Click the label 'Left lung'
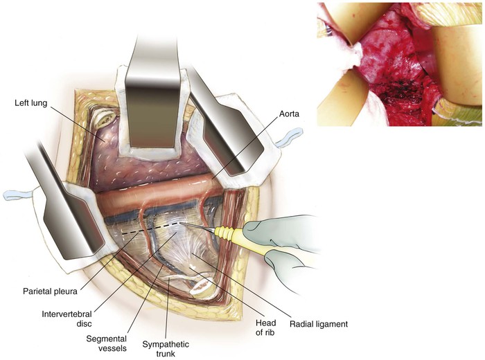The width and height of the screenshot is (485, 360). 31,102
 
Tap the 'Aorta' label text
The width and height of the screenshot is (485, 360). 289,114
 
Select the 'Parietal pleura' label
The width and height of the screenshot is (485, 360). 50,291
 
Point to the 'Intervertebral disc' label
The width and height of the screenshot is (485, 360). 67,318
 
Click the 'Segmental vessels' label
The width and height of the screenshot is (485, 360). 107,343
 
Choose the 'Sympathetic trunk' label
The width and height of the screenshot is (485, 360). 166,348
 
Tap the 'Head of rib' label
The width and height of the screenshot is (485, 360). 265,327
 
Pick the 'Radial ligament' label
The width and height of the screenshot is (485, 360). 319,324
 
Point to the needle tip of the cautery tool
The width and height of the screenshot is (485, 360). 181,223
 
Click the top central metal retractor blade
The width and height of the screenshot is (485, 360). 153,93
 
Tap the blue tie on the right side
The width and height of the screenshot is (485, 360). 288,138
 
